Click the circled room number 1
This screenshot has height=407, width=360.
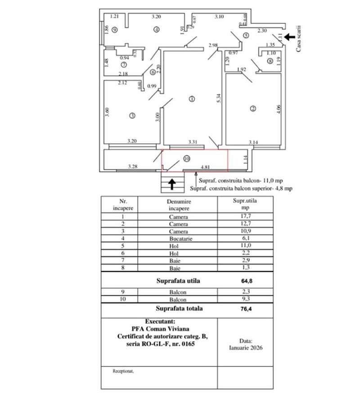pyautogui.click(x=192, y=99)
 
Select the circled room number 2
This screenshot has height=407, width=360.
pyautogui.click(x=253, y=108)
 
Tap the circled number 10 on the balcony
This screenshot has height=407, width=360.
pyautogui.click(x=187, y=158)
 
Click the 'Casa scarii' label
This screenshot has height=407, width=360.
pyautogui.click(x=298, y=38)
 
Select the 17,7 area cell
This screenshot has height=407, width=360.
pyautogui.click(x=245, y=217)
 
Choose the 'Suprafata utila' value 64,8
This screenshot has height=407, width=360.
pyautogui.click(x=246, y=281)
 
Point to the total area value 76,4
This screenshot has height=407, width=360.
pyautogui.click(x=246, y=309)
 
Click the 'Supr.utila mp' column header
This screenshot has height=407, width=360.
pyautogui.click(x=245, y=205)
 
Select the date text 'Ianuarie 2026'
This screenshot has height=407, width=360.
pyautogui.click(x=246, y=348)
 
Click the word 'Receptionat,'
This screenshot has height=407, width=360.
pyautogui.click(x=123, y=371)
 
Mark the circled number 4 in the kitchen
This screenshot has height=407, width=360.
pyautogui.click(x=156, y=30)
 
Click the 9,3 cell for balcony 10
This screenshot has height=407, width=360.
pyautogui.click(x=245, y=299)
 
